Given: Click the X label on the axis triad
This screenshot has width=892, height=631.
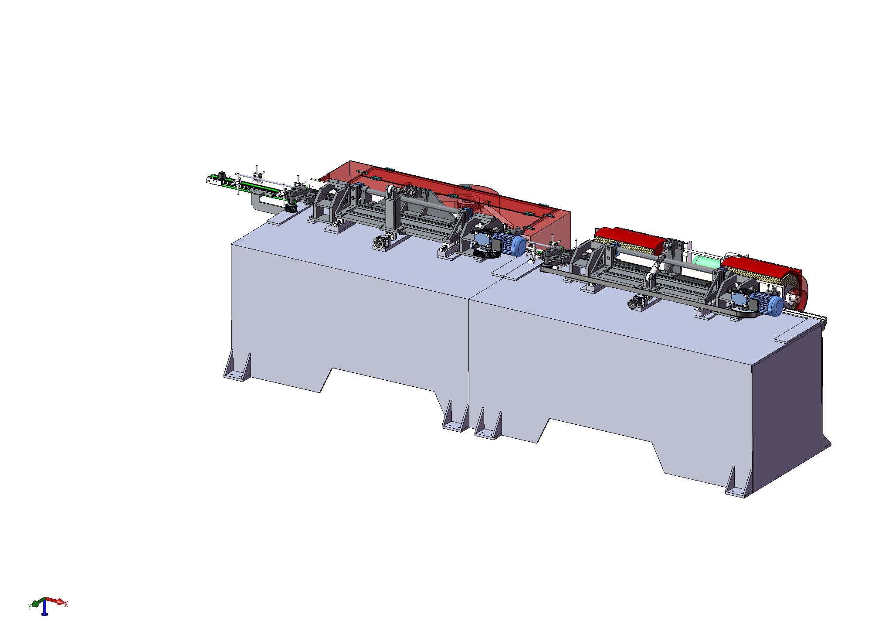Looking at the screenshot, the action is (x=66, y=604).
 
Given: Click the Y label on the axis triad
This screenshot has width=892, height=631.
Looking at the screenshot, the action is (x=29, y=607).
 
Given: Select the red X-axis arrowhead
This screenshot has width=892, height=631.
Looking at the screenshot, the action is (x=61, y=602).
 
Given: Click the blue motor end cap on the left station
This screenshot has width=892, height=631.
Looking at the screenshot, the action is (x=519, y=246).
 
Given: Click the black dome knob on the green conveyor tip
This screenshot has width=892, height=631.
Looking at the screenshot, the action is (x=222, y=175).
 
